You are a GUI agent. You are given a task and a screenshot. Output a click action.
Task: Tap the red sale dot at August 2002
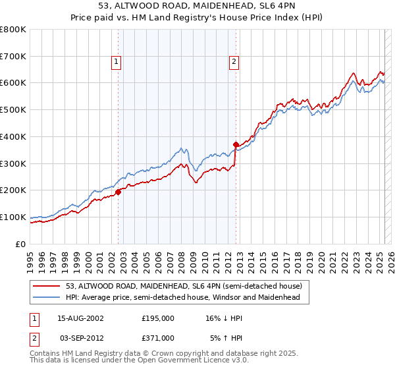tap(118, 192)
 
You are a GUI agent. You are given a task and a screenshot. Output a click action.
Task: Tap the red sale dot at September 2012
tap(236, 144)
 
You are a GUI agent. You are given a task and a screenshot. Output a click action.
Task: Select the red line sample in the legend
tap(47, 286)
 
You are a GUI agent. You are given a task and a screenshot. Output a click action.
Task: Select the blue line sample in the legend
tap(47, 297)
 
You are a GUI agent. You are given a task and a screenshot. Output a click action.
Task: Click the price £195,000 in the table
tap(158, 318)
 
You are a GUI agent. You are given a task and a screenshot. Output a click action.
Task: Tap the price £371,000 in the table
tap(158, 337)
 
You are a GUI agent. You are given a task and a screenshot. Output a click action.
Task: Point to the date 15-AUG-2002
tap(80, 318)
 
